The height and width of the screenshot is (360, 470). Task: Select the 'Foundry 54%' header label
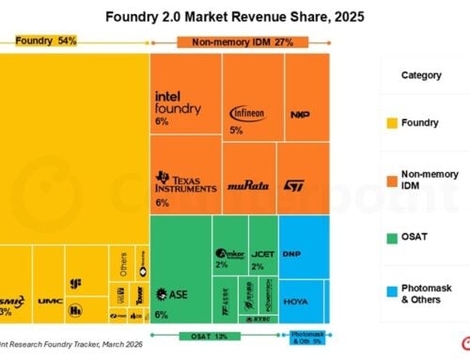click(44, 40)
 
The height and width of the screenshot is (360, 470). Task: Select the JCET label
click(263, 254)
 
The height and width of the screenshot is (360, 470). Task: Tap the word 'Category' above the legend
click(421, 75)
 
